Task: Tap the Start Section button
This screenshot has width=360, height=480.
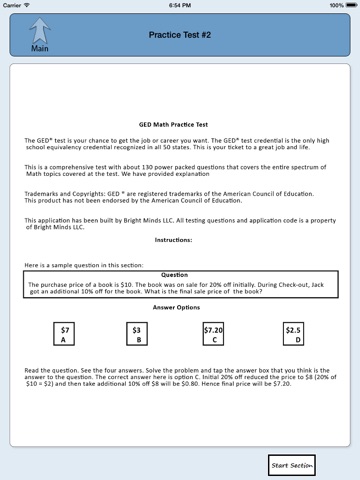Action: [x=292, y=465]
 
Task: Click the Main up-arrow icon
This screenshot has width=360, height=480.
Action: [x=40, y=31]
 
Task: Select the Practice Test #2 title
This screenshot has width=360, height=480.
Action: [x=180, y=35]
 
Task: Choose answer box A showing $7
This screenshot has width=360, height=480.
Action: [x=64, y=334]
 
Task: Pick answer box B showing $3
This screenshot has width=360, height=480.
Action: [x=137, y=334]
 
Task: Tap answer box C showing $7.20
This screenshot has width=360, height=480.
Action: [x=213, y=334]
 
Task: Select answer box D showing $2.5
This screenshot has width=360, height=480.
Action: [x=293, y=334]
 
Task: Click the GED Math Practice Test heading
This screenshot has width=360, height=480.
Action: [x=173, y=125]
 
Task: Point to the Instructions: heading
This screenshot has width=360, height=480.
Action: [x=173, y=240]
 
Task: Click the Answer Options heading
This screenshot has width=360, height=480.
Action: [x=176, y=307]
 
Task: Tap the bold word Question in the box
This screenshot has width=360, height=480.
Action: [x=174, y=275]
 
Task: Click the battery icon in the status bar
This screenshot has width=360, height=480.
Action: [x=351, y=5]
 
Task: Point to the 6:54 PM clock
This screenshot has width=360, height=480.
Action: [x=180, y=5]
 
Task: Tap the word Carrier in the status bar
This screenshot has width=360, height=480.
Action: [x=12, y=5]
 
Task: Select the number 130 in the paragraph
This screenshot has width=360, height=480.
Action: [x=148, y=167]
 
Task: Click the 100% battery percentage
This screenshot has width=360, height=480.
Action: [x=336, y=5]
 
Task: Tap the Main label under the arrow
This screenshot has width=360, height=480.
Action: [x=40, y=49]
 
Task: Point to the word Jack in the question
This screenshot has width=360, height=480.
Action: [x=317, y=285]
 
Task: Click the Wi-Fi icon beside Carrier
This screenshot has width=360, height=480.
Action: [x=27, y=5]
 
